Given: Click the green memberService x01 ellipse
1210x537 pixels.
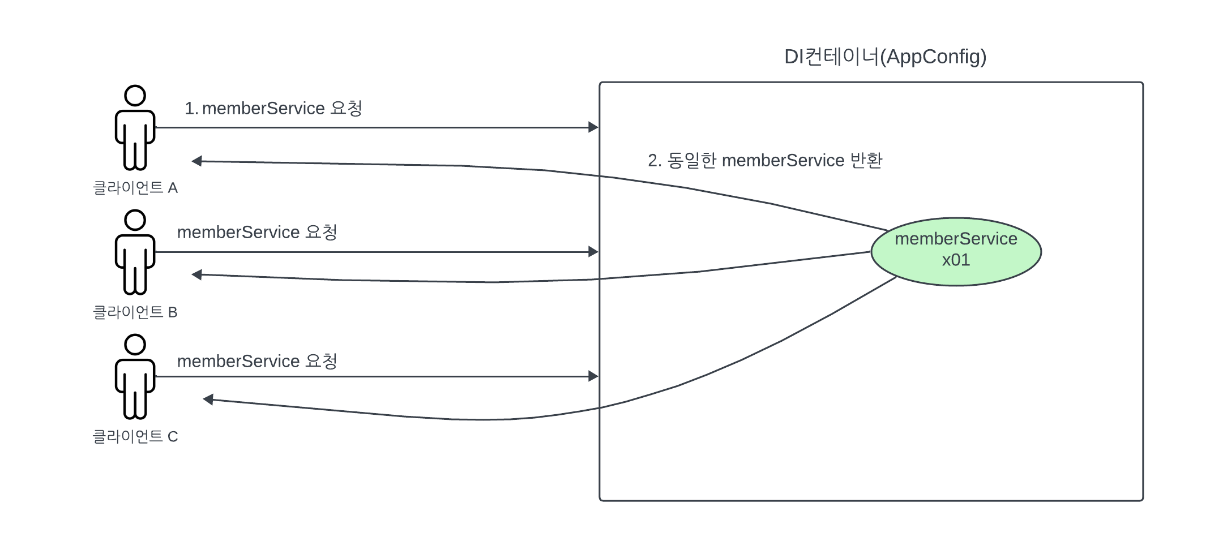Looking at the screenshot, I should (x=956, y=251).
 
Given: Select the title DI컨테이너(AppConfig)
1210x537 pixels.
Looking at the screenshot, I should (x=885, y=57).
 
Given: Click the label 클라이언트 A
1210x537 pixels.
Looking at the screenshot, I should (x=135, y=188).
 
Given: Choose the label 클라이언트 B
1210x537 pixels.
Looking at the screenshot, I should (x=135, y=312).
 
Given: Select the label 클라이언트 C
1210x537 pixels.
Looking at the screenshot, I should (x=135, y=437).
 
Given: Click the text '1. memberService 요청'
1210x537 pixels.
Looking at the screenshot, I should (x=273, y=108).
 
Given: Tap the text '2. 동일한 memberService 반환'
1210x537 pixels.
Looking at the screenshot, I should (x=765, y=161).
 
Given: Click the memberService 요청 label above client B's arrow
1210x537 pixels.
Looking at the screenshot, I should (x=257, y=232).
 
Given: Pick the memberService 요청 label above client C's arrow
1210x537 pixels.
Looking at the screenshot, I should (x=257, y=361).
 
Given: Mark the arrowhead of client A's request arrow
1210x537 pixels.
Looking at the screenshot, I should (x=593, y=127).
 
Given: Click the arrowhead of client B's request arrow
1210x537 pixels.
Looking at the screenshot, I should (x=593, y=252).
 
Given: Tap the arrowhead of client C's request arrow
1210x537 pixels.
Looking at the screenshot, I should (x=593, y=376).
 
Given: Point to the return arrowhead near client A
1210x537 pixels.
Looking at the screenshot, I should (x=197, y=161).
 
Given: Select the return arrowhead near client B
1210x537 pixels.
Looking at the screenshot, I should (x=197, y=275).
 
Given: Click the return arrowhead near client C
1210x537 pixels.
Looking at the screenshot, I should (x=208, y=399).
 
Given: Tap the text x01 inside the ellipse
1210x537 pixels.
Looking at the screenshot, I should (x=956, y=260).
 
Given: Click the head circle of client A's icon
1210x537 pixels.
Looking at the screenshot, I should (x=135, y=96).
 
